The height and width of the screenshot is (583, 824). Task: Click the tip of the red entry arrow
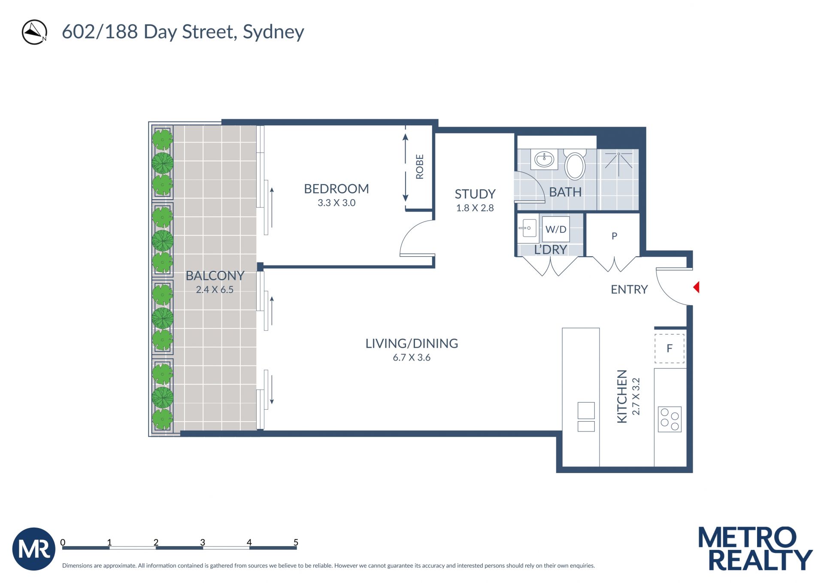pyautogui.click(x=694, y=287)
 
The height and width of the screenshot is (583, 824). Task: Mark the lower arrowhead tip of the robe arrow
pyautogui.click(x=405, y=202)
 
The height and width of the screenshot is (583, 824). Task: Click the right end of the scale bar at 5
pyautogui.click(x=297, y=548)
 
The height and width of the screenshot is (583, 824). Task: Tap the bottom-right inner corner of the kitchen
pyautogui.click(x=686, y=466)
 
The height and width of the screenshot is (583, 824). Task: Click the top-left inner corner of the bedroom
pyautogui.click(x=264, y=126)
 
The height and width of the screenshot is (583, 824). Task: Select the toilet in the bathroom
pyautogui.click(x=575, y=164)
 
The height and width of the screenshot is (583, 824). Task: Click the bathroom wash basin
pyautogui.click(x=545, y=160)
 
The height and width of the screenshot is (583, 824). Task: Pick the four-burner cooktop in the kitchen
pyautogui.click(x=669, y=419)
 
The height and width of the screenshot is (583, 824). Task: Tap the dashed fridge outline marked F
pyautogui.click(x=669, y=348)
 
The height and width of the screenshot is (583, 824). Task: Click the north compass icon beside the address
pyautogui.click(x=34, y=32)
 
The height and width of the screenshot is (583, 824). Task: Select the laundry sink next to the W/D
pyautogui.click(x=528, y=228)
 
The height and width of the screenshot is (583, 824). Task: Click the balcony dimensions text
pyautogui.click(x=215, y=290)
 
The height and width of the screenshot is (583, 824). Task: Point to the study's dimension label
pyautogui.click(x=475, y=208)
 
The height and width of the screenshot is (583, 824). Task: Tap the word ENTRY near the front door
pyautogui.click(x=629, y=289)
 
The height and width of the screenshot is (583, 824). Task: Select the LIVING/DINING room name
pyautogui.click(x=412, y=343)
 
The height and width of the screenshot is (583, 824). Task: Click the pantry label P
pyautogui.click(x=615, y=236)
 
